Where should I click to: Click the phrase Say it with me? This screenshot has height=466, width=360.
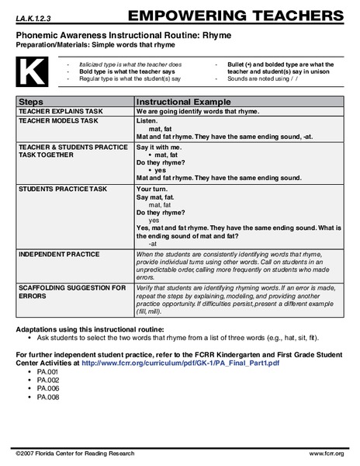[x=159, y=146]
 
